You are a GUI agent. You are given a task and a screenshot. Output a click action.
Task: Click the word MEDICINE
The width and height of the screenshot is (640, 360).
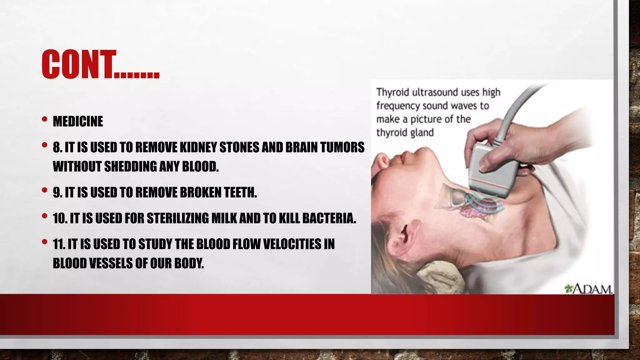(x=78, y=121)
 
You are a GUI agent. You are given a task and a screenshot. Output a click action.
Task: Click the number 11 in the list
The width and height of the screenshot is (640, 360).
(x=59, y=244)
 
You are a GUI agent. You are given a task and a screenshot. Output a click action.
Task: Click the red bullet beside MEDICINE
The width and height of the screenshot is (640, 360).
(x=45, y=119)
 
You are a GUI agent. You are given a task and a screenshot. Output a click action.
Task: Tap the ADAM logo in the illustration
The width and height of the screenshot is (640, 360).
(x=588, y=289)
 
